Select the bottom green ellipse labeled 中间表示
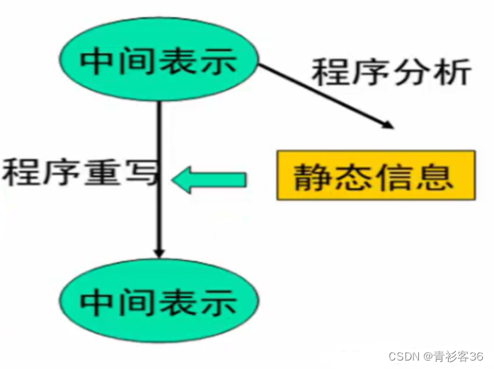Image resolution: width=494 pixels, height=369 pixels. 159,303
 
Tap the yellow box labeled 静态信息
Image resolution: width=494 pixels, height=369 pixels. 375,175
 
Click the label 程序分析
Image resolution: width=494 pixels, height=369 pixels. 391,73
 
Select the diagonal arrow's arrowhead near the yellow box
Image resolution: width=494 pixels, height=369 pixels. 385,124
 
